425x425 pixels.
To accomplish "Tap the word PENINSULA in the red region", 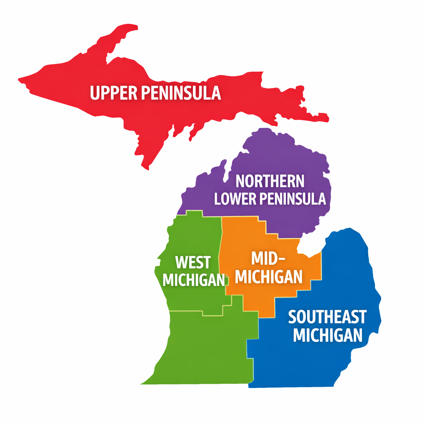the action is point(181,93).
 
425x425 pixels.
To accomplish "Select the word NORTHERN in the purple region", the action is point(270,181).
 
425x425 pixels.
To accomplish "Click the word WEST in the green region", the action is point(193,262).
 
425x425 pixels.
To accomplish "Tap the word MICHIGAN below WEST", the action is point(193,280).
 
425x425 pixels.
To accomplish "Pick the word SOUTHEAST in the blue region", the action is point(327,317).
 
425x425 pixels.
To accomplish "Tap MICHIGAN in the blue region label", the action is point(328,335).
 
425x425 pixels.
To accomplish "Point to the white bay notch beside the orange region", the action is point(309,247).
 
